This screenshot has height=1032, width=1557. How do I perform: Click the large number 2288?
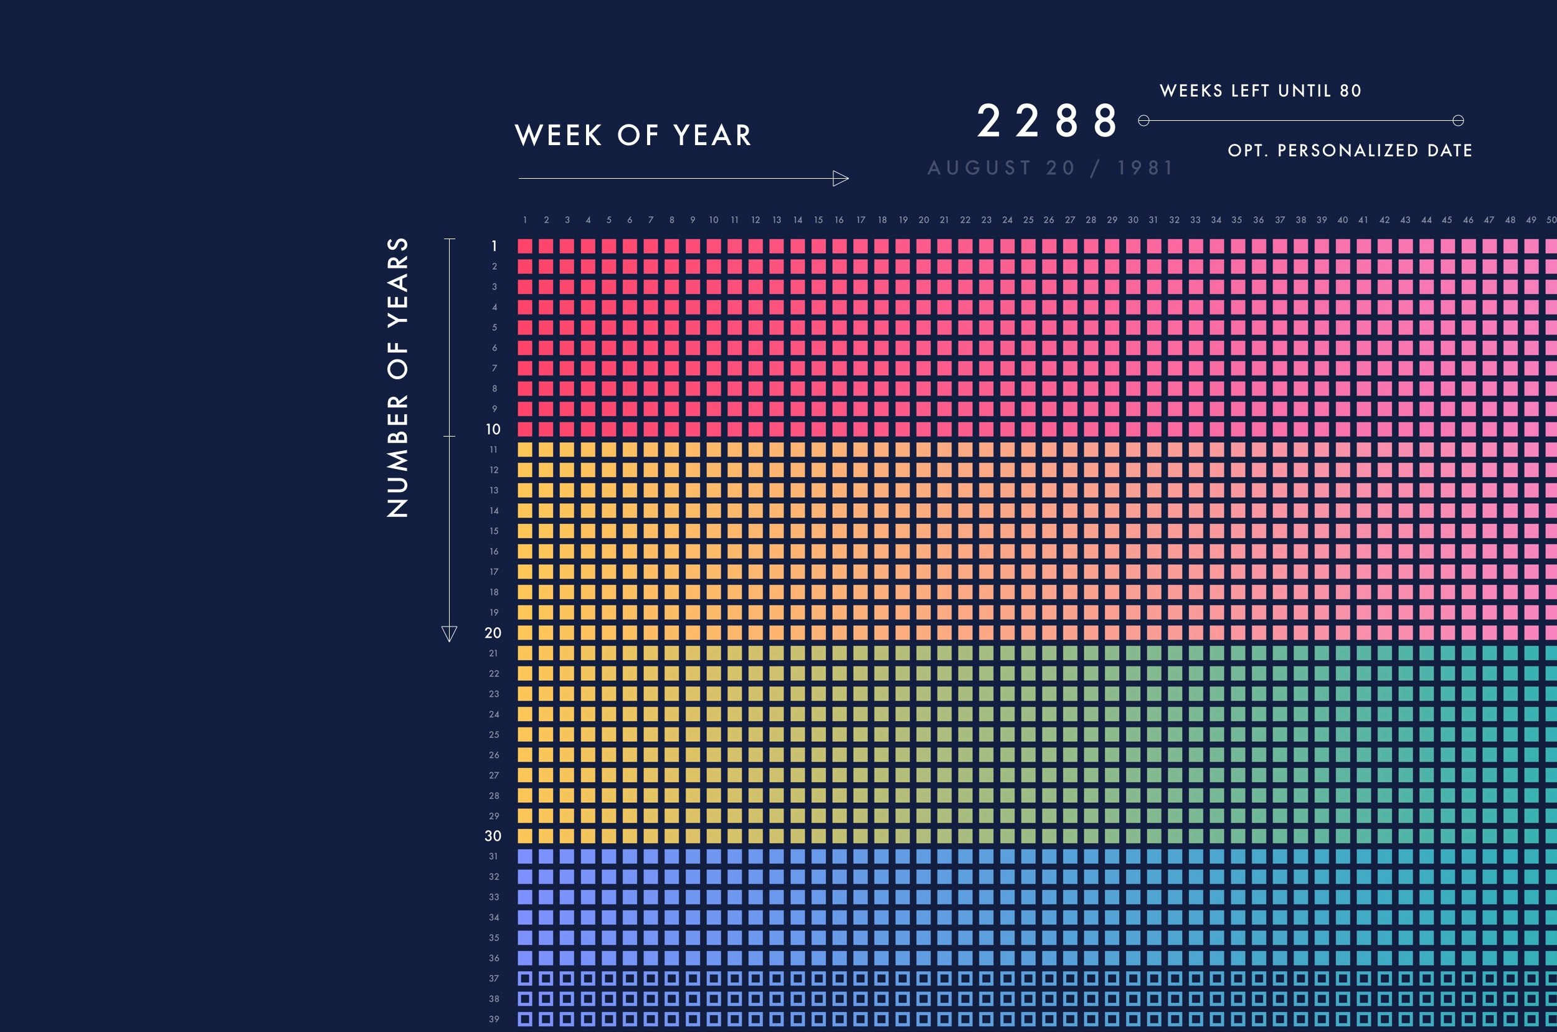[1047, 121]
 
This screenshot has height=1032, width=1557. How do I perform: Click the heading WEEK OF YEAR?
[633, 136]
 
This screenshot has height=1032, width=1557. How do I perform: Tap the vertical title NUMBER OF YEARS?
[398, 377]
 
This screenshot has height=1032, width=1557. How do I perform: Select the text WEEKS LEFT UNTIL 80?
[1260, 91]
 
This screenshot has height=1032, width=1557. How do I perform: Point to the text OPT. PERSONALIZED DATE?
[1350, 151]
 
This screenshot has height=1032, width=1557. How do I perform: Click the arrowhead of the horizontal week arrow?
[840, 178]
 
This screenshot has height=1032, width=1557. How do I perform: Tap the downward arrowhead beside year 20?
[450, 633]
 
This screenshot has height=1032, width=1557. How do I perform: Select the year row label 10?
[493, 430]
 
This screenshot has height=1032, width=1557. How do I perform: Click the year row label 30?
[493, 836]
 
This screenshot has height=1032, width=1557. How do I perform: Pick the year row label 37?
[493, 978]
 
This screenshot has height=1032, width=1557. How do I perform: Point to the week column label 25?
[1028, 220]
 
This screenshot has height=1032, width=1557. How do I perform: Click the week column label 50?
[1551, 220]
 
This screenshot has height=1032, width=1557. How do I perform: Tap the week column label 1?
[525, 220]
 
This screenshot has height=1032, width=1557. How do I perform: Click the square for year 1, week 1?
[525, 246]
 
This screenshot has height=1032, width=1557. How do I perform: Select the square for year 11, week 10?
[714, 450]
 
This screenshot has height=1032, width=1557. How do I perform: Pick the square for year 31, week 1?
[525, 856]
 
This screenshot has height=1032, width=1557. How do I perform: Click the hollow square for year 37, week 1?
[525, 978]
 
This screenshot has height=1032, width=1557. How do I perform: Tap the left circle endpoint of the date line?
[1143, 120]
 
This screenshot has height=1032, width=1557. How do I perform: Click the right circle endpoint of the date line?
[1459, 120]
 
